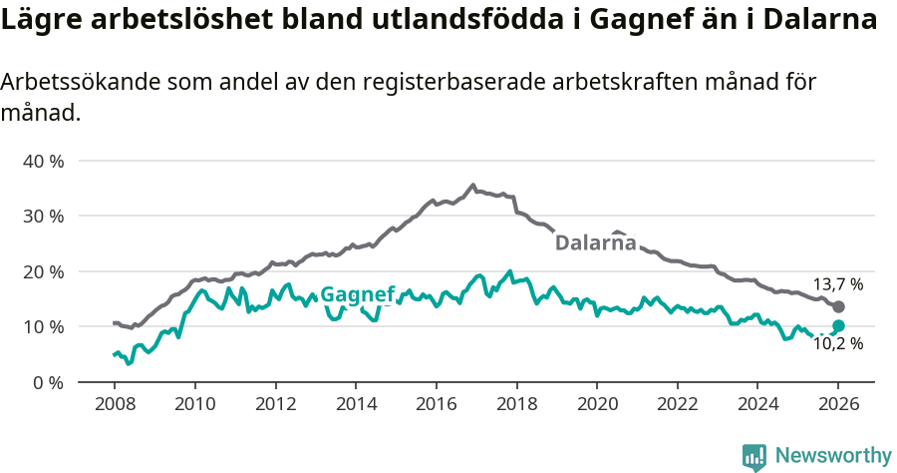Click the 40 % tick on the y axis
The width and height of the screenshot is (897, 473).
[43, 161]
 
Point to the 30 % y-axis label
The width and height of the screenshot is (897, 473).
[43, 216]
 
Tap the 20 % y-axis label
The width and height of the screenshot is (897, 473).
[43, 271]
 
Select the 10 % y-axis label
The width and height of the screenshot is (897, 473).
[43, 327]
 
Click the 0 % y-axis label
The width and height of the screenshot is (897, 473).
[48, 382]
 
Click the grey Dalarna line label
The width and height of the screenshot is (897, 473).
[595, 242]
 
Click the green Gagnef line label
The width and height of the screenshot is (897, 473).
[358, 294]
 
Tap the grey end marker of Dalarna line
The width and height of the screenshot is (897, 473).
[838, 306]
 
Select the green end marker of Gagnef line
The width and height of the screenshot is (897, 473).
[838, 325]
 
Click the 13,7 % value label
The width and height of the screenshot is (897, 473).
[837, 284]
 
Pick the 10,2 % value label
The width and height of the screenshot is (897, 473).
[837, 344]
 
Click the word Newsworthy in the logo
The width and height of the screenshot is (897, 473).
[833, 456]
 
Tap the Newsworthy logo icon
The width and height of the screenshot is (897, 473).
[754, 457]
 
